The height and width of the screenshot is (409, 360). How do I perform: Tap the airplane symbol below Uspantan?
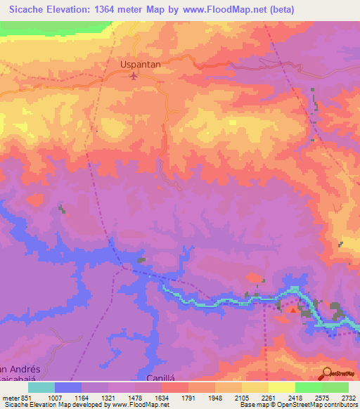pyautogui.click(x=135, y=75)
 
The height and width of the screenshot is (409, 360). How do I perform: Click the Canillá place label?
pyautogui.click(x=160, y=378)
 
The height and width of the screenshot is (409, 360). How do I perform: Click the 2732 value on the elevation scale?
pyautogui.click(x=348, y=397)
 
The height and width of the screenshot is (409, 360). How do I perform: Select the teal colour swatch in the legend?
pyautogui.click(x=41, y=387)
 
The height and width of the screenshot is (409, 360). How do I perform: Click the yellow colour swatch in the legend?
pyautogui.click(x=282, y=387)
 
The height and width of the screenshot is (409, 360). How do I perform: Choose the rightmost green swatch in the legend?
pyautogui.click(x=335, y=387)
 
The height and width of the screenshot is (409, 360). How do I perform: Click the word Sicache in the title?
pyautogui.click(x=29, y=10)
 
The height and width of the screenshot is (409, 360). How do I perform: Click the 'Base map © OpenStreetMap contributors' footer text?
pyautogui.click(x=297, y=405)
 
